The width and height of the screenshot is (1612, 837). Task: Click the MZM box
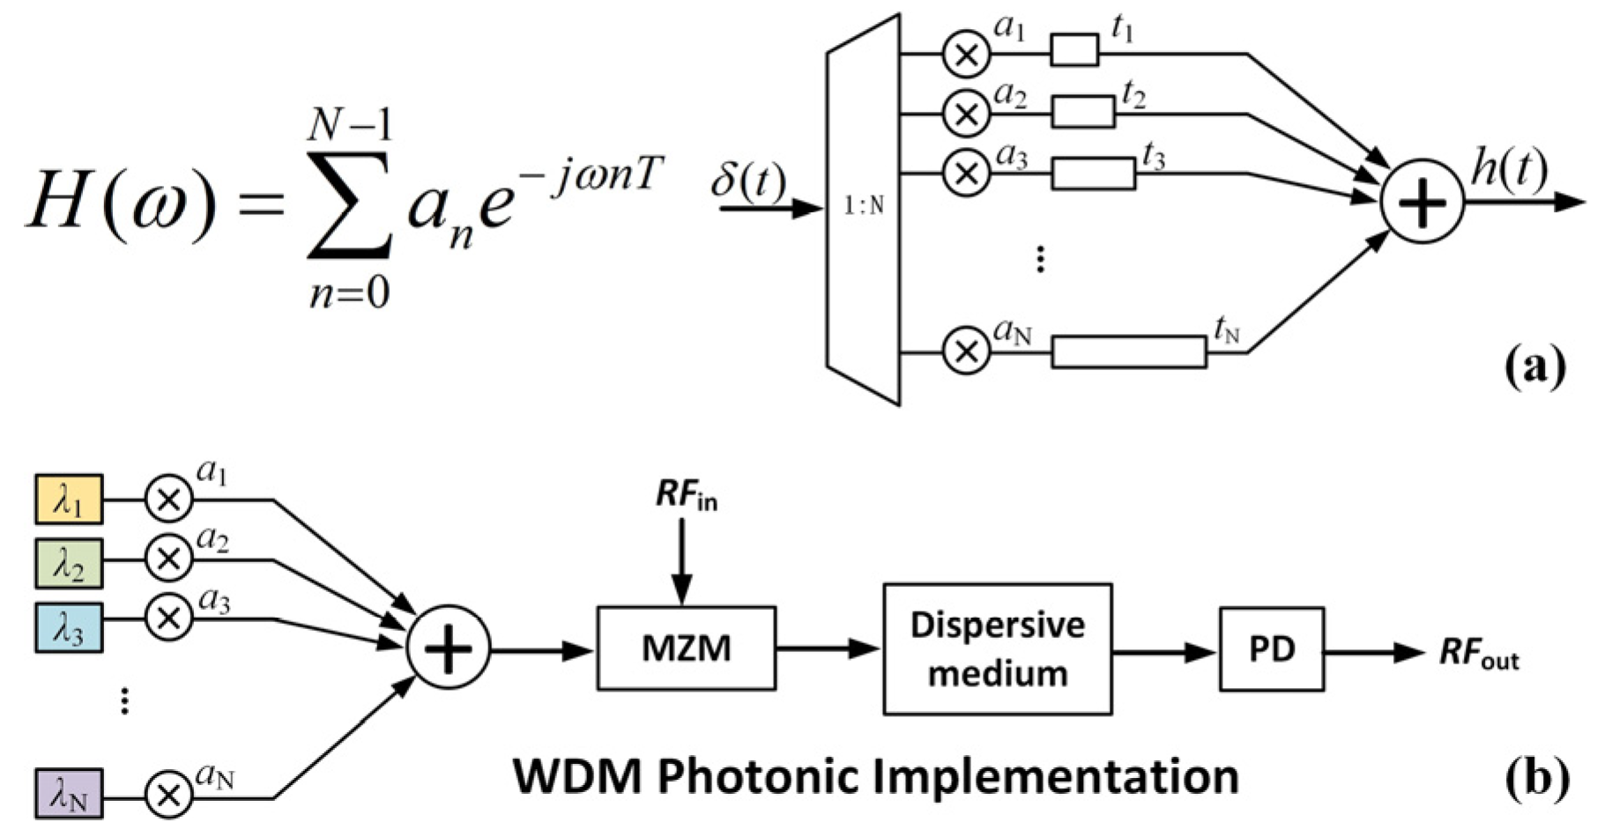tap(686, 648)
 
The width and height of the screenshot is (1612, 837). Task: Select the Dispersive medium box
tap(997, 648)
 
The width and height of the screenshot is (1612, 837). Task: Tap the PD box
tap(1271, 648)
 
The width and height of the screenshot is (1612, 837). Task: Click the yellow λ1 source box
tap(69, 500)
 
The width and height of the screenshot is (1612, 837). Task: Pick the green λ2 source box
tap(69, 563)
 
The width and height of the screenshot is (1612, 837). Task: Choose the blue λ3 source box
tap(69, 627)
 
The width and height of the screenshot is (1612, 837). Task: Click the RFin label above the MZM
tap(686, 496)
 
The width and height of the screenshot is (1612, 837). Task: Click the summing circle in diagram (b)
tap(448, 648)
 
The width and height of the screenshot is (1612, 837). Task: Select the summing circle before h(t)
tap(1421, 202)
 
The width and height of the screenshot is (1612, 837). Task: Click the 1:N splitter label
tap(864, 205)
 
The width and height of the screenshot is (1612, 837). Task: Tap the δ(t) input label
tap(748, 181)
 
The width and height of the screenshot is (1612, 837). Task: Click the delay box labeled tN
tap(1129, 352)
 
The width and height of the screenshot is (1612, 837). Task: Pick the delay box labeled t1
tap(1074, 49)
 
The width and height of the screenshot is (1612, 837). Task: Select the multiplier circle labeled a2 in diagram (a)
tap(966, 114)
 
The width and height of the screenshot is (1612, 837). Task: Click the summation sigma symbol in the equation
tap(348, 204)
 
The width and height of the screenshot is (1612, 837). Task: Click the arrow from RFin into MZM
tap(681, 562)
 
